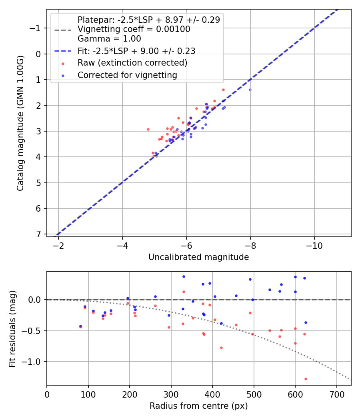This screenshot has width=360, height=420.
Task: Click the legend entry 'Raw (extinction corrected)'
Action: pos(132,63)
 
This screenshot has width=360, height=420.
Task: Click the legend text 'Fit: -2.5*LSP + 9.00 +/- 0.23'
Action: pos(136,51)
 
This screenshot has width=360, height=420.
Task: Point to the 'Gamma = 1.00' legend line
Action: pos(109,39)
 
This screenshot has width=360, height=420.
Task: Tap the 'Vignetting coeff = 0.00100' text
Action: pos(134,29)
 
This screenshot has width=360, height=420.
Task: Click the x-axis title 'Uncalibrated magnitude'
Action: pos(198,257)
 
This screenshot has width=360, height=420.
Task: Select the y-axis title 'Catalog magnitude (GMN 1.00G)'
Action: pos(20,123)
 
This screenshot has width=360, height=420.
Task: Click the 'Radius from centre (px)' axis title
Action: pos(198,406)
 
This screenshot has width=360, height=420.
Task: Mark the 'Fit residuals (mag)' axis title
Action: pos(12,328)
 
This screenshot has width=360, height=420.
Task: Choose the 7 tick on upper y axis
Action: pos(38,234)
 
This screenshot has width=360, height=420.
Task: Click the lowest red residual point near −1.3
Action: pos(306,379)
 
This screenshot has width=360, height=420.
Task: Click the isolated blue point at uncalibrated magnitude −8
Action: pos(250,90)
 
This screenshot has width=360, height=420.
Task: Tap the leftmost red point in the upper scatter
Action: pos(148,129)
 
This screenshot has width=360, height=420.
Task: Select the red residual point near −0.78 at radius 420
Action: pos(221,348)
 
